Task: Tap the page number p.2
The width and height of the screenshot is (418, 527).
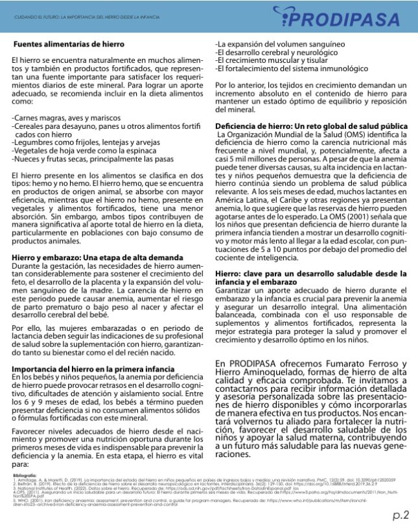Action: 400,515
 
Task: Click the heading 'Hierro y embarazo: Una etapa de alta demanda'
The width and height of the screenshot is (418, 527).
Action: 88,257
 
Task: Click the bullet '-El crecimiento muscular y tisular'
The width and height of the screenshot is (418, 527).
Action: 274,60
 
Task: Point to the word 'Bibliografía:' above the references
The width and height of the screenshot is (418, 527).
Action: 27,475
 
